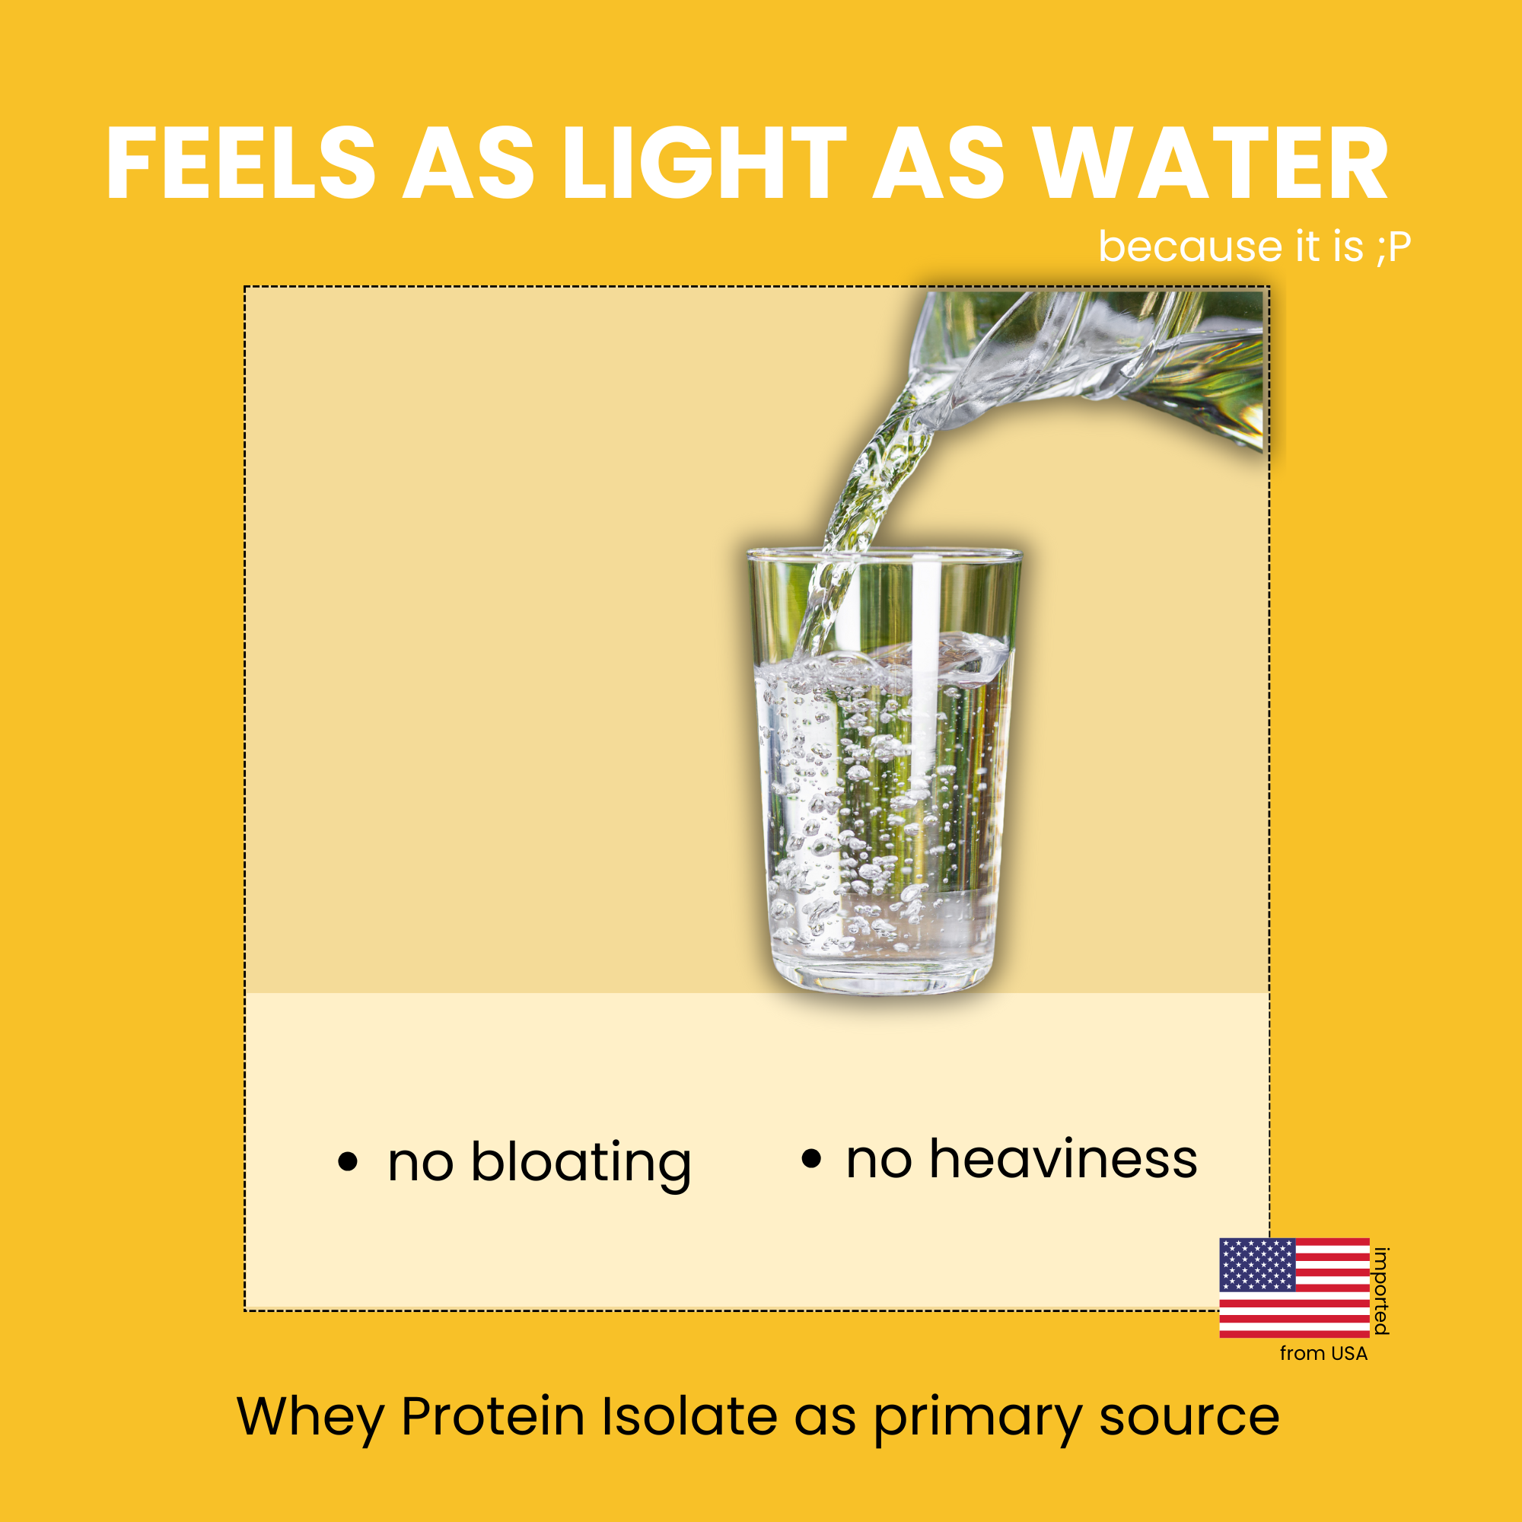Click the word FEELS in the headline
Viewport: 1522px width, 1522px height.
tap(241, 163)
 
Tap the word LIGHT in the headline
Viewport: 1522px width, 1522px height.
tap(703, 163)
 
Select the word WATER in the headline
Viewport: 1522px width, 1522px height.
tap(1210, 163)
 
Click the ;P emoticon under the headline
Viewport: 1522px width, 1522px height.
tap(1392, 247)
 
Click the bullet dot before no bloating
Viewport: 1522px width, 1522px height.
tap(348, 1161)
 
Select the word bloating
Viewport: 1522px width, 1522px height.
tap(581, 1164)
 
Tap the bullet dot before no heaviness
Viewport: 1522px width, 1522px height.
tap(810, 1158)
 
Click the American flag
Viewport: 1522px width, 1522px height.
tap(1294, 1288)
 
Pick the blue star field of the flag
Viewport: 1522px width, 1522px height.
tap(1257, 1264)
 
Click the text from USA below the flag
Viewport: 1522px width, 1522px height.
tap(1323, 1353)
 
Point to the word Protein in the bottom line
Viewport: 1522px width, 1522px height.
tap(493, 1416)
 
